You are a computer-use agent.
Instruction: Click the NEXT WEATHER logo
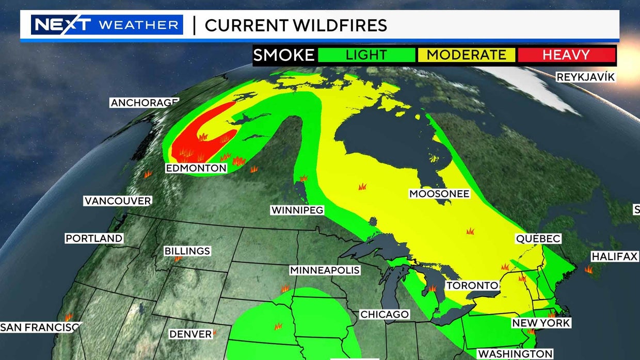[x=107, y=25]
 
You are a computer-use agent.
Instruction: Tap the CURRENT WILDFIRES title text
[x=296, y=25]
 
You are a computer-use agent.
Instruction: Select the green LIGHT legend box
[x=366, y=55]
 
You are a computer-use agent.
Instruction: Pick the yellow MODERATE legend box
[x=466, y=55]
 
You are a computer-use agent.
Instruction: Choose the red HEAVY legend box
[x=566, y=55]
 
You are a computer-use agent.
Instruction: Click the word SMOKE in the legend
[x=284, y=55]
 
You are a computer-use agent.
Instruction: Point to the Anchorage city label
[x=144, y=103]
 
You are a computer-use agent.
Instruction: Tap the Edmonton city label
[x=196, y=168]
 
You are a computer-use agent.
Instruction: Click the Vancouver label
[x=118, y=201]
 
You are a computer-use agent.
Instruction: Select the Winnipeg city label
[x=297, y=210]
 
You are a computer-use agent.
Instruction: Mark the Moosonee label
[x=439, y=194]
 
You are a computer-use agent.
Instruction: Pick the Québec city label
[x=538, y=239]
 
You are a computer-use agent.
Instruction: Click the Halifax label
[x=614, y=256]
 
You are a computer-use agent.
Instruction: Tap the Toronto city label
[x=472, y=285]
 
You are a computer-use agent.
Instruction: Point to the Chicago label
[x=385, y=314]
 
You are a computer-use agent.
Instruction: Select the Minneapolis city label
[x=325, y=270]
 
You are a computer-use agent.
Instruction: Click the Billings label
[x=187, y=251]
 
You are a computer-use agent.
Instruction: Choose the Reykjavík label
[x=585, y=77]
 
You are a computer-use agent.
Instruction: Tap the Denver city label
[x=190, y=334]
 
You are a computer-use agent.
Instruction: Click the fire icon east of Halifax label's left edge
[x=588, y=269]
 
